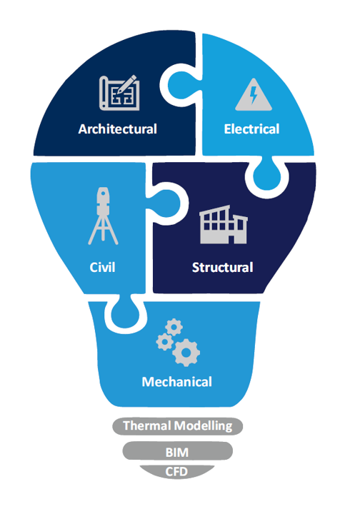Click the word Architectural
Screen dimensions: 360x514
pyautogui.click(x=117, y=129)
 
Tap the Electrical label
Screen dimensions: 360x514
pyautogui.click(x=251, y=129)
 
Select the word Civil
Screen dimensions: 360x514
pyautogui.click(x=102, y=267)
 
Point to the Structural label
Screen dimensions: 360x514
pyautogui.click(x=222, y=268)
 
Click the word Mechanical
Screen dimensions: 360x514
pyautogui.click(x=176, y=382)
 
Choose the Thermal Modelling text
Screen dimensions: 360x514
pyautogui.click(x=177, y=425)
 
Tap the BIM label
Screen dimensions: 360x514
pyautogui.click(x=177, y=453)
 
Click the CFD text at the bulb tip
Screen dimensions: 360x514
pyautogui.click(x=176, y=472)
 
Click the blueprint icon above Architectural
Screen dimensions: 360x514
pyautogui.click(x=119, y=93)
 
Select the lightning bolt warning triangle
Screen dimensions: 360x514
pyautogui.click(x=254, y=95)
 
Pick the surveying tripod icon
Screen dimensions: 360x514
pyautogui.click(x=103, y=216)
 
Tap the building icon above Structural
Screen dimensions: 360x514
pyautogui.click(x=224, y=225)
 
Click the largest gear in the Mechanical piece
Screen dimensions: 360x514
pyautogui.click(x=186, y=353)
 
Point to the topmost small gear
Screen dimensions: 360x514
pyautogui.click(x=174, y=327)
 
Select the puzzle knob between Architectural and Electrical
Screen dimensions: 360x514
pyautogui.click(x=180, y=84)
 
